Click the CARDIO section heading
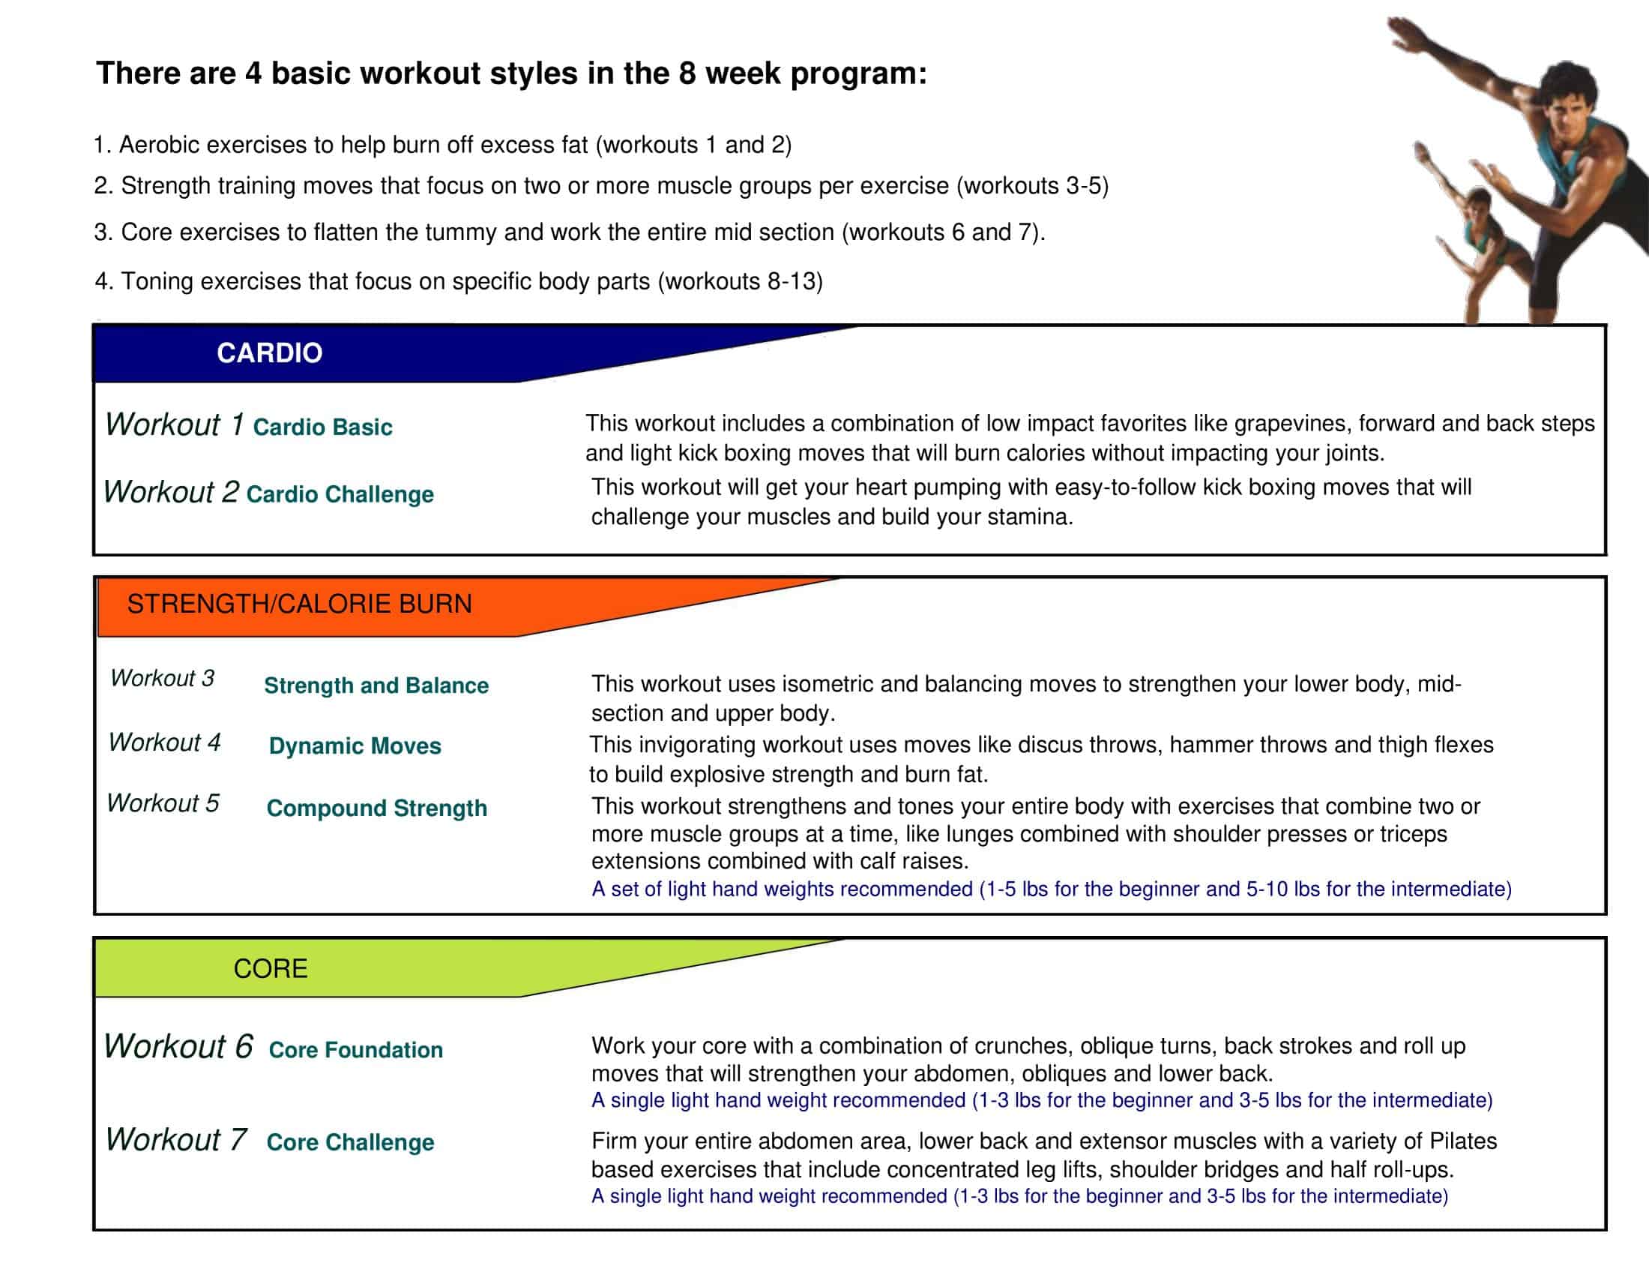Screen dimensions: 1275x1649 (x=270, y=352)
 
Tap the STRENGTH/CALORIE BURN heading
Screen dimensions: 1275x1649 (x=299, y=604)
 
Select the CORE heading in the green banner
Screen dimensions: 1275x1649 (x=271, y=968)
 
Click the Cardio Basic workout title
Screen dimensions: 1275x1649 (x=322, y=427)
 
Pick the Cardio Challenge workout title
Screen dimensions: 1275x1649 (x=340, y=494)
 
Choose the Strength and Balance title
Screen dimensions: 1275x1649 (x=376, y=685)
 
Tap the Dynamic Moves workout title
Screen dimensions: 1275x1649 (x=355, y=745)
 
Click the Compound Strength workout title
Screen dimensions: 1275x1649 (x=377, y=808)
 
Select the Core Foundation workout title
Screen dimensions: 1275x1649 (x=355, y=1049)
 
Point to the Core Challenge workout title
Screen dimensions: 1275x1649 (x=350, y=1141)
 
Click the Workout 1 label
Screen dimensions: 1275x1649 (x=175, y=424)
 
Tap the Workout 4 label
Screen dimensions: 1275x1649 (x=165, y=742)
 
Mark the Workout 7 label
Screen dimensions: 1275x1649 (x=176, y=1139)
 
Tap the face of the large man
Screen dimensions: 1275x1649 (x=1566, y=109)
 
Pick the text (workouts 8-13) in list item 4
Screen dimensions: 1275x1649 (x=740, y=281)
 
